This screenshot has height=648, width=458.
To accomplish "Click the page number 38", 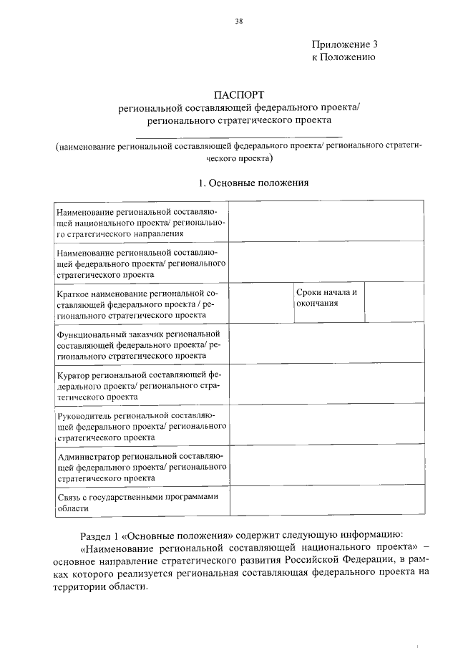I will click(239, 21).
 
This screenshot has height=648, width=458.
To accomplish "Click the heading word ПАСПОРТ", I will click(239, 95).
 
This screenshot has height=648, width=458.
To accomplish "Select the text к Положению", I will click(343, 57).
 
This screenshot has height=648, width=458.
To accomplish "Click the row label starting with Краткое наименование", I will click(140, 304).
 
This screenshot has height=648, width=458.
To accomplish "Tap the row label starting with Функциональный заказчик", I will click(140, 344).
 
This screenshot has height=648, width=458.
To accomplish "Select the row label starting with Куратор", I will click(140, 385).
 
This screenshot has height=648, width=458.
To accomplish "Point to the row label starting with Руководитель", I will click(140, 425).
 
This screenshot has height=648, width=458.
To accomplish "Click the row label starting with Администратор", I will click(140, 466).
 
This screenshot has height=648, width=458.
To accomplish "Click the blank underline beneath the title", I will click(239, 136).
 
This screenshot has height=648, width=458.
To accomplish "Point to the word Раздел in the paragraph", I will click(97, 536).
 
